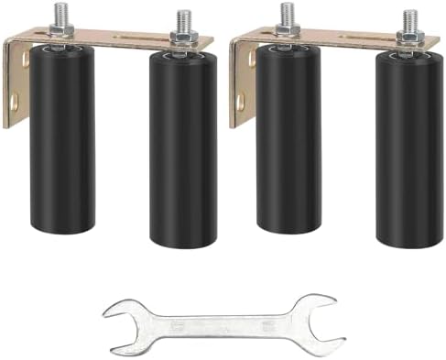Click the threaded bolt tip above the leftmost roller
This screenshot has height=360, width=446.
[x=61, y=13]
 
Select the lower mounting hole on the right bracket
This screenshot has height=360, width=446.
[x=241, y=104]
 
